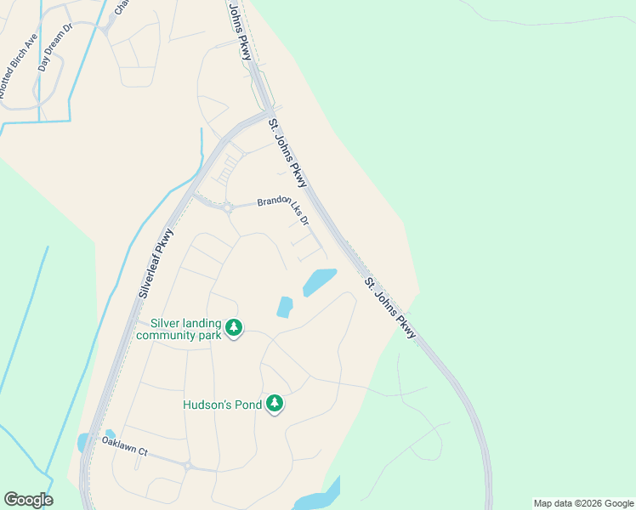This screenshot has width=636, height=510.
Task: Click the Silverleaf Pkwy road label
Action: (154, 262)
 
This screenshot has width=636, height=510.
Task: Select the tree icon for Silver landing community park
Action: (234, 327)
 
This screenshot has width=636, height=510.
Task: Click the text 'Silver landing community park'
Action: (185, 329)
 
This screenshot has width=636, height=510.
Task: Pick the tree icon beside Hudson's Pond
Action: (274, 404)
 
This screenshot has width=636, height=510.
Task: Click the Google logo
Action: (28, 500)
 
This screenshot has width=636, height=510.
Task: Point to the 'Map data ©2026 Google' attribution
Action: (583, 503)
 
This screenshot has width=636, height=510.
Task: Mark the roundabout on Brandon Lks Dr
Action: (228, 207)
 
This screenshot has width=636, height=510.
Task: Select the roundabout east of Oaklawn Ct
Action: (189, 466)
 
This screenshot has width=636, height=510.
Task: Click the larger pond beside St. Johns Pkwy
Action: (319, 281)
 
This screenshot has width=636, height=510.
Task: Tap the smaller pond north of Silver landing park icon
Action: (285, 306)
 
